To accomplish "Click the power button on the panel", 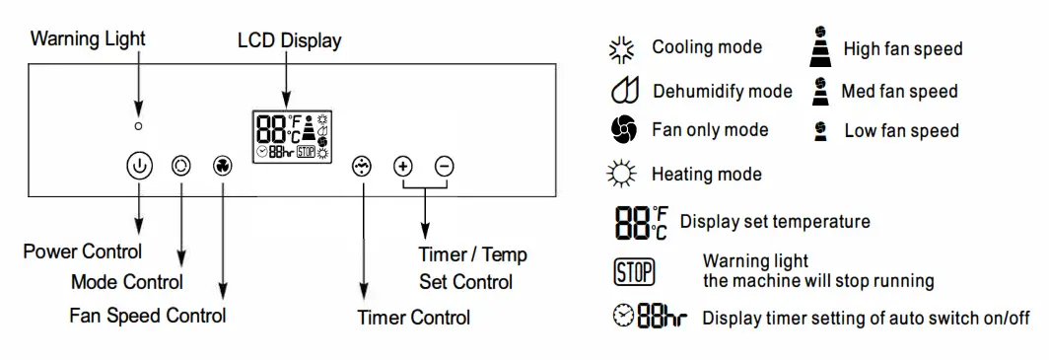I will click(x=139, y=166).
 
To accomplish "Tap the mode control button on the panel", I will click(x=180, y=166).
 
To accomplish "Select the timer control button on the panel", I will click(x=362, y=166).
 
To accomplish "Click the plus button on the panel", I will click(x=402, y=166).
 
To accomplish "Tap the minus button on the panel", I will click(x=445, y=166).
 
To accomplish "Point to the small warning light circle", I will click(x=139, y=126).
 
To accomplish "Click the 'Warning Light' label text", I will click(x=88, y=39).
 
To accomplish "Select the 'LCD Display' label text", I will click(x=290, y=40).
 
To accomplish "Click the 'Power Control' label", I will click(x=83, y=252).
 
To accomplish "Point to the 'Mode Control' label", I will click(x=127, y=283).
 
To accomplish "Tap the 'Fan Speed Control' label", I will click(x=147, y=316).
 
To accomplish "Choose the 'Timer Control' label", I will click(x=413, y=318).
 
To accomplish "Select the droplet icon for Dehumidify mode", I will click(x=622, y=92).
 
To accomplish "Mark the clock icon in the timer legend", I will click(x=623, y=319).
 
